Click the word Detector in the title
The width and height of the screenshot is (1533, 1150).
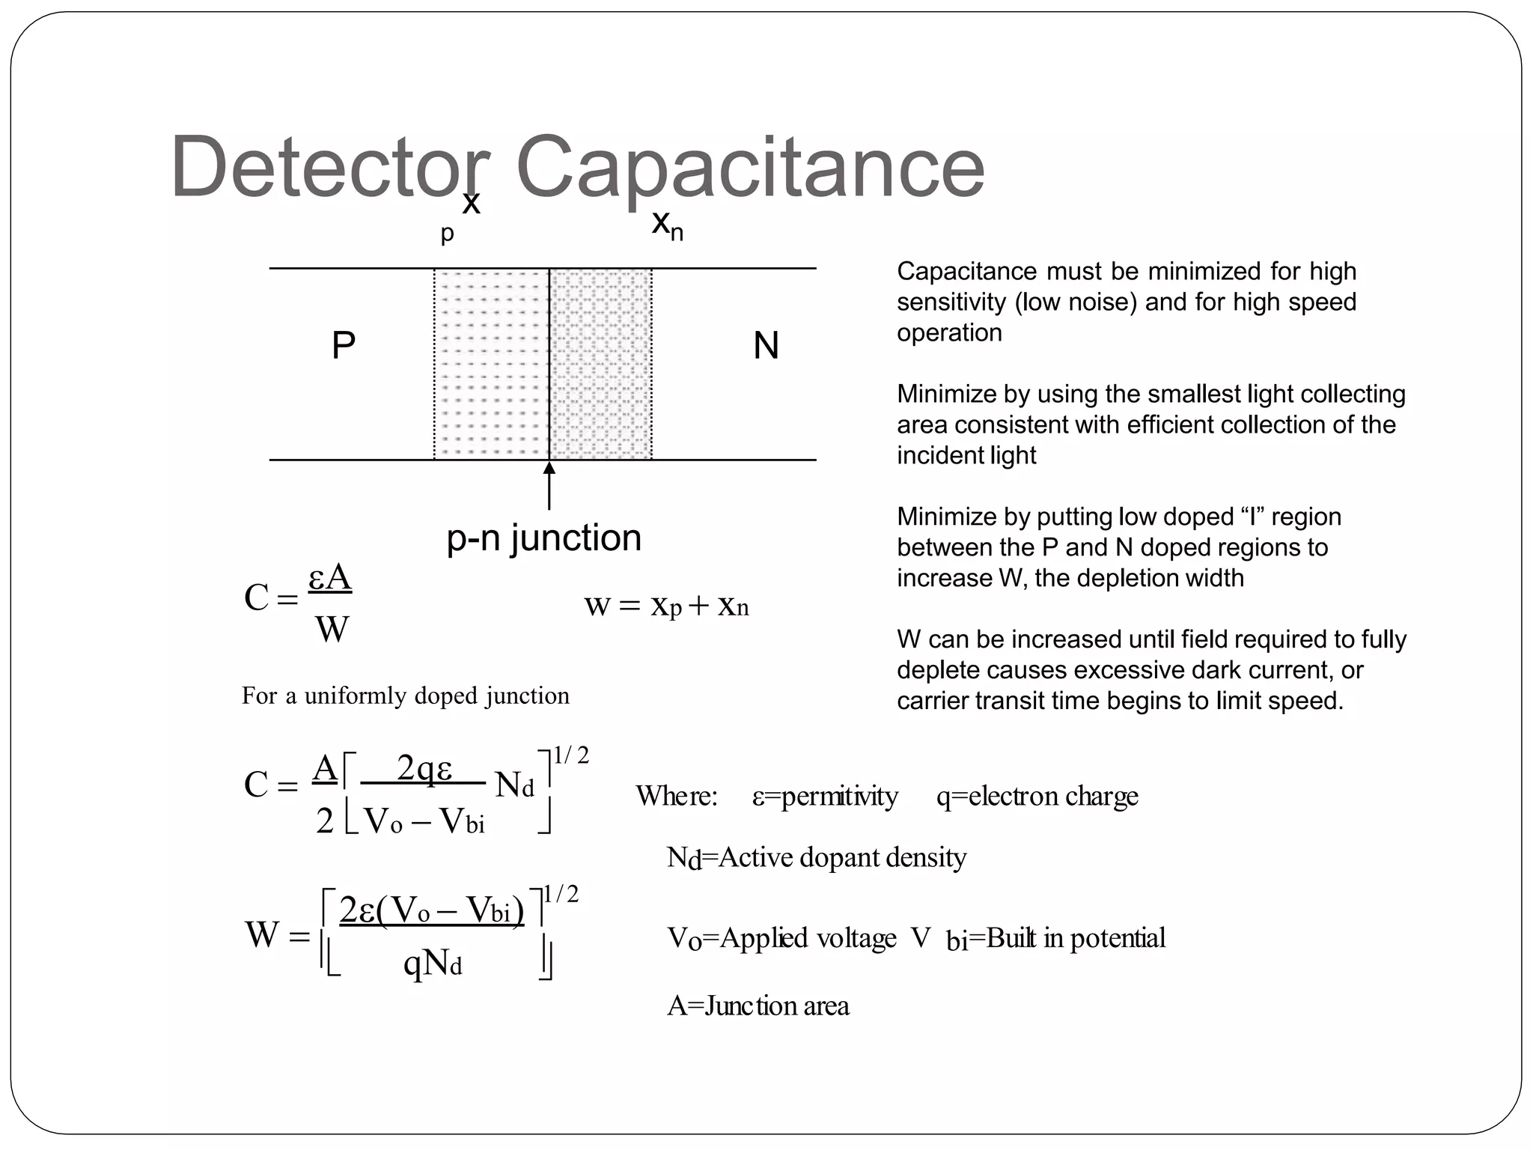pos(329,166)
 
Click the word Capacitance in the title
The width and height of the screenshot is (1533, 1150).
pos(750,166)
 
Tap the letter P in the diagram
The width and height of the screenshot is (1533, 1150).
pos(344,346)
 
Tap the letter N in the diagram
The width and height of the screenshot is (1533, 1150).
pos(766,346)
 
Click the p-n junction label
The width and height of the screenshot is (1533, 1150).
pos(544,538)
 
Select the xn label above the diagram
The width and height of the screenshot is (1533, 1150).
pos(667,223)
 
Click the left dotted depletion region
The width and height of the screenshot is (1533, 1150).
pos(491,364)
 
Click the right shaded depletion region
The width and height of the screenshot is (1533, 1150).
pos(600,364)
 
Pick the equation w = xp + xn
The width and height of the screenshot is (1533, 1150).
pos(666,605)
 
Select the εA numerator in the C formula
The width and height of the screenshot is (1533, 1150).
pos(330,578)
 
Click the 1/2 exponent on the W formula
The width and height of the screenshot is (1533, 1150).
pos(561,894)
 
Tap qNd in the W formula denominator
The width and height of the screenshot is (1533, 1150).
pos(433,963)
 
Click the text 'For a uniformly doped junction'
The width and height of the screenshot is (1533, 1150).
pos(405,696)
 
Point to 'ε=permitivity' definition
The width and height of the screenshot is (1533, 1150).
pos(825,796)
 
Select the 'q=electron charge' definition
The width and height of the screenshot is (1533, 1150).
pos(1037,796)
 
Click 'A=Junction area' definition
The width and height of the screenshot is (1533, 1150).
pos(758,1006)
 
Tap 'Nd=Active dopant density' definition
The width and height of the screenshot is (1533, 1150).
pos(816,857)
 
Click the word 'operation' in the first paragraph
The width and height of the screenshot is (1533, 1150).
pos(949,332)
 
